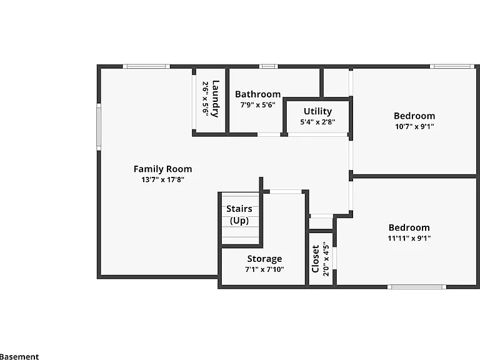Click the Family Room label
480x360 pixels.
point(163,169)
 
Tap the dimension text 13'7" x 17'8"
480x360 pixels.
point(163,179)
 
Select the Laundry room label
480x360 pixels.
point(216,99)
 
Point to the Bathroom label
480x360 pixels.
point(257,94)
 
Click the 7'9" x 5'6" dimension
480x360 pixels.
point(257,105)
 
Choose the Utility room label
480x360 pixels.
point(317,111)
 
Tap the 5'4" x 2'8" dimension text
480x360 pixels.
point(317,122)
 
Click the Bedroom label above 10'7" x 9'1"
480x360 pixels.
point(414,116)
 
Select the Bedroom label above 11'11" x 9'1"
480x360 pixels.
point(409,227)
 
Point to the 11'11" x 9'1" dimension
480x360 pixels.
point(409,238)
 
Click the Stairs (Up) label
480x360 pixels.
point(239,214)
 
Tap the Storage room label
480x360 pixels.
point(265,259)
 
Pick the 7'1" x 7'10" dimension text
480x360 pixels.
point(265,269)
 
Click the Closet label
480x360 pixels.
point(315,259)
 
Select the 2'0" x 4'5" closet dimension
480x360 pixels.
point(326,259)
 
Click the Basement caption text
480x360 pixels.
point(19,357)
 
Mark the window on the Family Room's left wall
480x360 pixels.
point(99,127)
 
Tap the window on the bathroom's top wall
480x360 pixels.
point(269,66)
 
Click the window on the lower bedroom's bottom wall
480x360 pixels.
point(417,287)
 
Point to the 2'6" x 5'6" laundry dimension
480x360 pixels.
point(206,99)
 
